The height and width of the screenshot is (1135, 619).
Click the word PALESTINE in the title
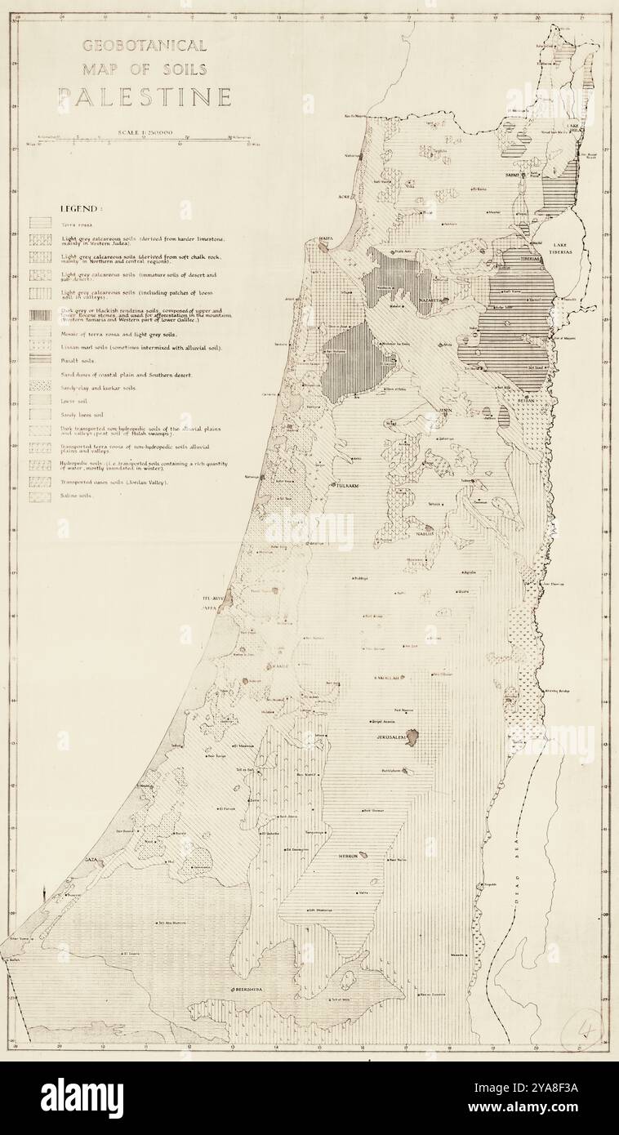tap(144, 97)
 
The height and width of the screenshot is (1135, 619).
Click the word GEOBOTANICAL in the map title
tap(145, 45)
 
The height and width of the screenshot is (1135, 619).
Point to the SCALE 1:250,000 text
tap(145, 132)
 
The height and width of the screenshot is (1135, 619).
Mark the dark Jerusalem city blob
tap(412, 738)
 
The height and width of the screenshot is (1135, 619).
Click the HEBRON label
tap(350, 857)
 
